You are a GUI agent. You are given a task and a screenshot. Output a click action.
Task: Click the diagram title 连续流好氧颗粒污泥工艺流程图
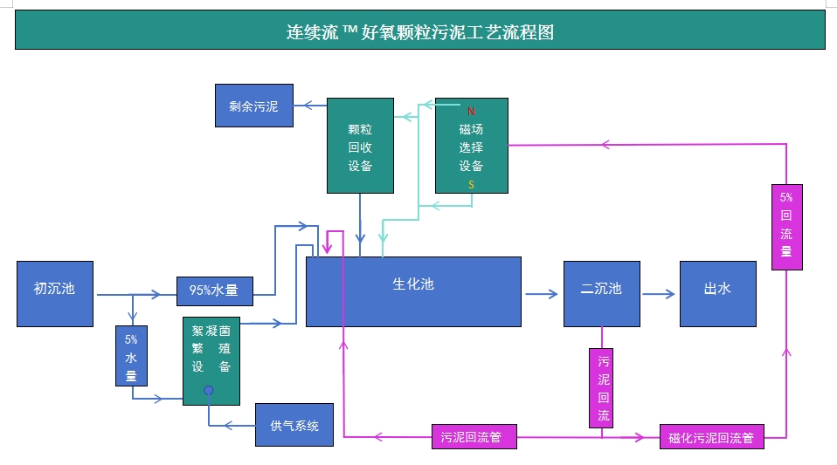click(x=419, y=33)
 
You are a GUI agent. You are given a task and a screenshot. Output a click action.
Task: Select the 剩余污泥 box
click(x=254, y=106)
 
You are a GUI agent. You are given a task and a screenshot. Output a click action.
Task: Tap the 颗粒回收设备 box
click(x=360, y=146)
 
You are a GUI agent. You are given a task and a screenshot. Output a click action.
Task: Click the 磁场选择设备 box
click(x=472, y=146)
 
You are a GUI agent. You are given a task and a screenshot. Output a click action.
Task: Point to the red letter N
click(x=471, y=111)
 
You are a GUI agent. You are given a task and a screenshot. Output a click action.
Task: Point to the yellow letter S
click(x=471, y=185)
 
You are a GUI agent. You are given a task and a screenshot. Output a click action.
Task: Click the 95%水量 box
click(x=215, y=291)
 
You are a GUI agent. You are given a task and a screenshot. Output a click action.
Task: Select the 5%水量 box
click(x=131, y=355)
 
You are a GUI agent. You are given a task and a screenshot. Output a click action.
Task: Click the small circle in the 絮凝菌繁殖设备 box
click(x=208, y=390)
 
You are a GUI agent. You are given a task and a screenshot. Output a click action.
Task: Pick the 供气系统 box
click(x=294, y=426)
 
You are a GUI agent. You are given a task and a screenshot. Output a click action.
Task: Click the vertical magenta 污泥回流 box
click(x=604, y=387)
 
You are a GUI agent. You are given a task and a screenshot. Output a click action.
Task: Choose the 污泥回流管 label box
click(x=474, y=436)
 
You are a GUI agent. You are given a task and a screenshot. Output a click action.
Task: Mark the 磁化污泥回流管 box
click(x=712, y=437)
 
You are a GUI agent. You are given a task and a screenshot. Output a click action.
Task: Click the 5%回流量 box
click(x=786, y=227)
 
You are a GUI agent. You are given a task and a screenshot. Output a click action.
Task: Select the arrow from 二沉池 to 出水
click(x=659, y=295)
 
